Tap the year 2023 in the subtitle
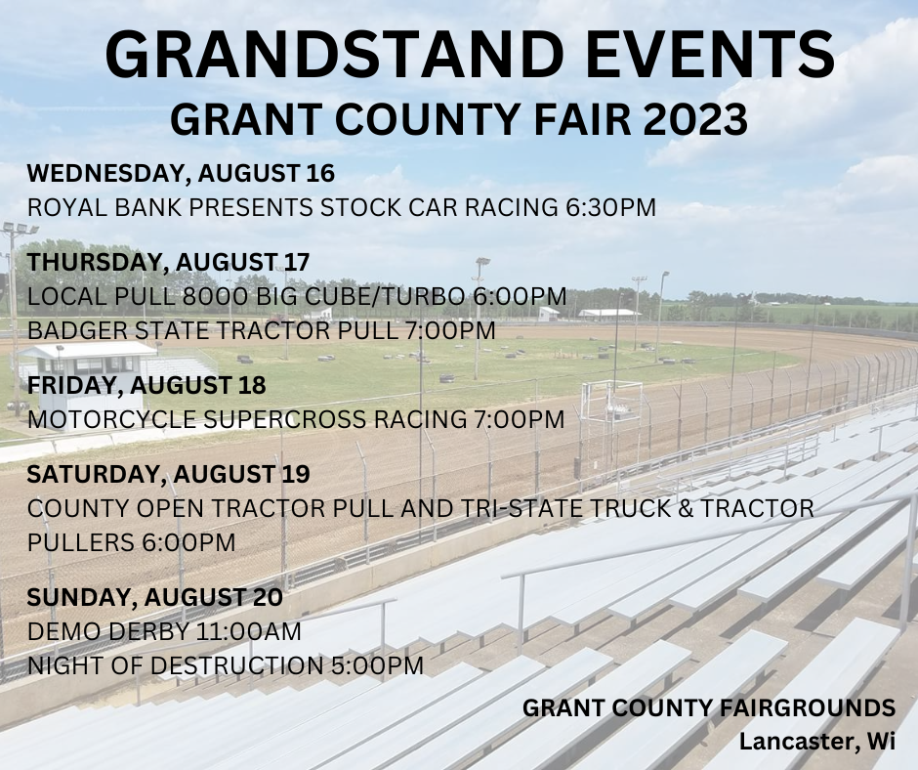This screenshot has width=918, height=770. [695, 119]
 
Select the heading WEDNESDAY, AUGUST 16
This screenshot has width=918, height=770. [181, 174]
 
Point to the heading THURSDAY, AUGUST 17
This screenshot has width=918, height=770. [168, 262]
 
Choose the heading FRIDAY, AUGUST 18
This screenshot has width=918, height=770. [146, 385]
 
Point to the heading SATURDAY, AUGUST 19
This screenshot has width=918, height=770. [168, 474]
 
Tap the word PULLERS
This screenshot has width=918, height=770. [81, 542]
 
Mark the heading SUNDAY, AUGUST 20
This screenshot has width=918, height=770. [154, 597]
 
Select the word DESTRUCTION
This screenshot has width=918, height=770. [236, 666]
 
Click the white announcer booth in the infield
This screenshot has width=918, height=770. [88, 380]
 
